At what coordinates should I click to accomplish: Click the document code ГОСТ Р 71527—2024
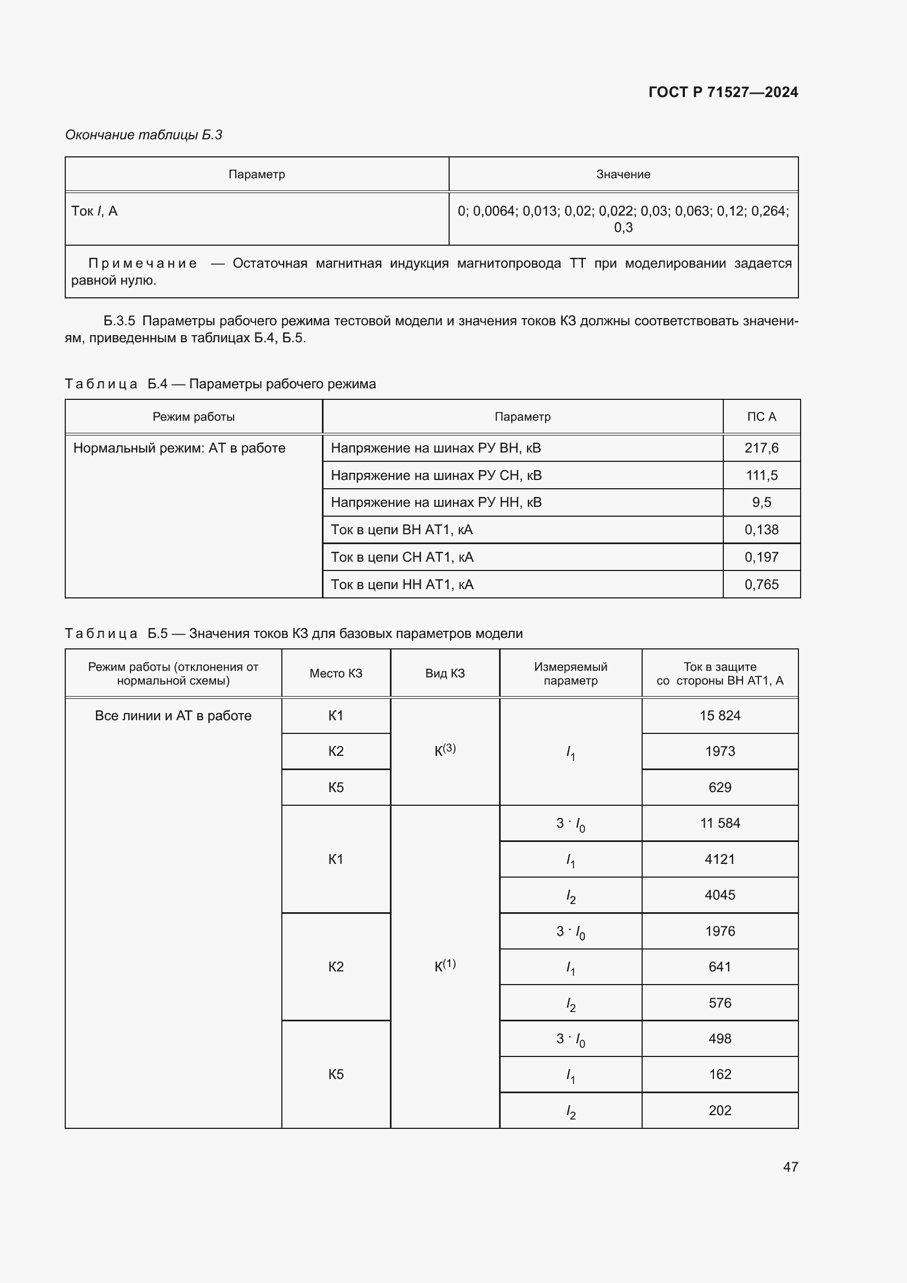723,92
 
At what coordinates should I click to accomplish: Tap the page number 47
790,1166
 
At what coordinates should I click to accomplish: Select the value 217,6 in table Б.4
761,448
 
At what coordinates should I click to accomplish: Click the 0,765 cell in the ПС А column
761,584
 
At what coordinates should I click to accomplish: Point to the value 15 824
719,715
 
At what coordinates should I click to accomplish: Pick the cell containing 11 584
719,823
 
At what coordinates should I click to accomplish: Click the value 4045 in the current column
719,895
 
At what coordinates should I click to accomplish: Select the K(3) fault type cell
445,750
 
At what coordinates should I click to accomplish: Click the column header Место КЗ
336,674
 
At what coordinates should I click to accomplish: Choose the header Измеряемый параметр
570,674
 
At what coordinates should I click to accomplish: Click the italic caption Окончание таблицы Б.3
144,135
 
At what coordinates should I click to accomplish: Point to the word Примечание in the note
143,263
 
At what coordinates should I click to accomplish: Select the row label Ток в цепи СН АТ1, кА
402,557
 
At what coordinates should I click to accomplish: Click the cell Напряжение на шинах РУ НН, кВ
435,502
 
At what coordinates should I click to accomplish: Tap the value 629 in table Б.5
719,787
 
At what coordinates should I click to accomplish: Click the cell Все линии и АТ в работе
173,715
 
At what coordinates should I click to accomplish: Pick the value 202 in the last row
719,1110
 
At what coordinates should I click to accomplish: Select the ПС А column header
761,416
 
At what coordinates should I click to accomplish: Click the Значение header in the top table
623,174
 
